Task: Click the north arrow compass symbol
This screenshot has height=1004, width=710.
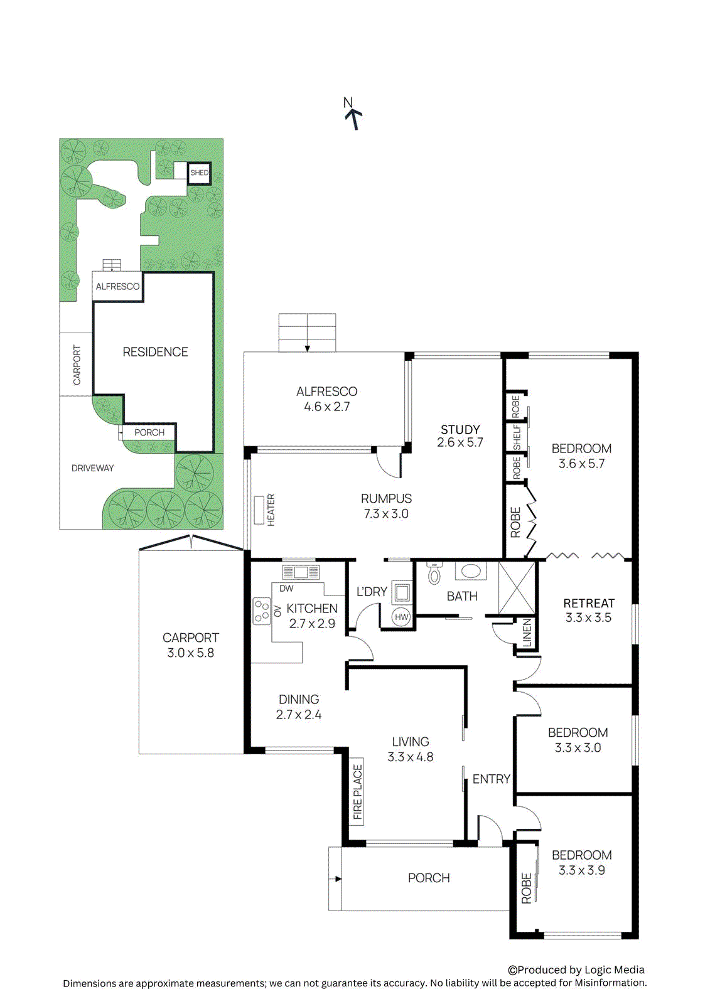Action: tap(353, 115)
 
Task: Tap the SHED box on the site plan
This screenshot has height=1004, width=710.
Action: tap(199, 173)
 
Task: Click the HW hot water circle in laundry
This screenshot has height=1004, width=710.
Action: tap(401, 617)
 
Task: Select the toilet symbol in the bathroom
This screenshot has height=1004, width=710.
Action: tap(434, 574)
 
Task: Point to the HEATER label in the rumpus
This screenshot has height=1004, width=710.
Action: tap(271, 510)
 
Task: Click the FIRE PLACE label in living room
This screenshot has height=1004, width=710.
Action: tap(357, 792)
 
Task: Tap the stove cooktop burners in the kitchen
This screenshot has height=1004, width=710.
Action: tap(261, 611)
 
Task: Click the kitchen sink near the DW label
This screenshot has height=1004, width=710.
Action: tap(301, 572)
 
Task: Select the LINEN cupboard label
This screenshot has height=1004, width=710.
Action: tap(527, 633)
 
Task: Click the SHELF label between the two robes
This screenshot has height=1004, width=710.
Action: tap(517, 437)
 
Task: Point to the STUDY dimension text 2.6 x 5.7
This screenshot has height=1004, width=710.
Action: tap(460, 442)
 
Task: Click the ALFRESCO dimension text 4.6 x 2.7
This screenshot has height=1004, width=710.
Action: tap(326, 407)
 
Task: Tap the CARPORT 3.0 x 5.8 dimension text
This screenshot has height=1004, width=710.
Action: tap(190, 653)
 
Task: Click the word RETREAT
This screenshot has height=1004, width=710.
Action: tap(588, 603)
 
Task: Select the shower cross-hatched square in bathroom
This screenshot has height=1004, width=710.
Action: tap(517, 588)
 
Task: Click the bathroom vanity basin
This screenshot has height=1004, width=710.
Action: tap(470, 572)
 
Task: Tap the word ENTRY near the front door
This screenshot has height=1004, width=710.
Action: tap(491, 779)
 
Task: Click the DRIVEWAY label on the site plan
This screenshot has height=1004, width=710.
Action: tap(92, 468)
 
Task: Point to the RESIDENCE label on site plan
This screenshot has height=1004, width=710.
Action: tap(155, 352)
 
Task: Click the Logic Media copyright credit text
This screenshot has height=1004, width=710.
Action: tap(576, 969)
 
